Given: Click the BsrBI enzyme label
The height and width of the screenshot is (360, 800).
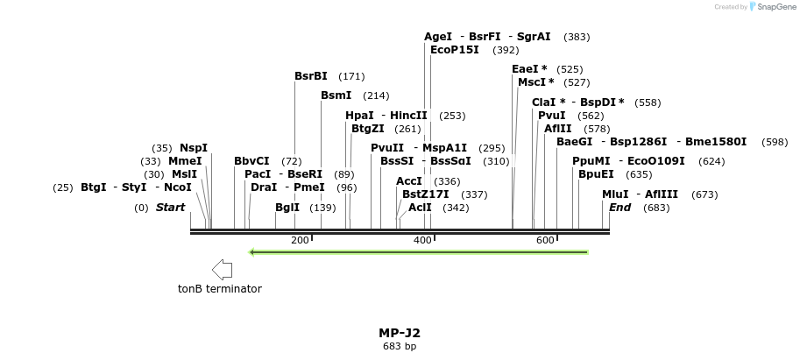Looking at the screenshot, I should click(x=310, y=76).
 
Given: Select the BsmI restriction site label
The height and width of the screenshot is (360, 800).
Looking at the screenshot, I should click(x=336, y=95).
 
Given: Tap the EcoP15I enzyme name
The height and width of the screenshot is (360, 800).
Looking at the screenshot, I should click(x=455, y=50).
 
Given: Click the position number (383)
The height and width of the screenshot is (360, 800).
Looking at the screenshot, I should click(x=577, y=37).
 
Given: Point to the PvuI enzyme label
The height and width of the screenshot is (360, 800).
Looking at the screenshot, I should click(x=551, y=116).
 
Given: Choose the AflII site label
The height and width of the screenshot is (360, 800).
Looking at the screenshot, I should click(x=557, y=129).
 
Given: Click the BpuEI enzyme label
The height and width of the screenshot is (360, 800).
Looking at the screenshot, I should click(x=596, y=173).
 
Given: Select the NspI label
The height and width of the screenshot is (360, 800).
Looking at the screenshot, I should click(x=194, y=148).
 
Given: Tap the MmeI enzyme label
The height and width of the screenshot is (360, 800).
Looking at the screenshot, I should click(x=185, y=161).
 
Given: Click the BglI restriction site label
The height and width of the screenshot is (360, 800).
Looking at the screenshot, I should click(x=287, y=208).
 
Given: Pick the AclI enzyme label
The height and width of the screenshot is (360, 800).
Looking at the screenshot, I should click(x=420, y=208).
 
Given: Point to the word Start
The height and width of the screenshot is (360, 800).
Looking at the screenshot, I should click(x=170, y=208).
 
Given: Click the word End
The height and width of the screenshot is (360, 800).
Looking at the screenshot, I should click(x=619, y=208).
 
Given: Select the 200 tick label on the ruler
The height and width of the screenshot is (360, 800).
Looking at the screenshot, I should click(x=300, y=240).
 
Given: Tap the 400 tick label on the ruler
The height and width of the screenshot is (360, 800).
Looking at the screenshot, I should click(x=422, y=240).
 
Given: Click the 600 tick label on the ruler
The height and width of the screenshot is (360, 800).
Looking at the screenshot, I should click(x=545, y=240).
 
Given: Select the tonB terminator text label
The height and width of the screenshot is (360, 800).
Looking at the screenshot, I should click(x=219, y=289).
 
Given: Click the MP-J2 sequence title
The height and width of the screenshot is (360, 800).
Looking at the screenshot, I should click(x=400, y=333).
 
